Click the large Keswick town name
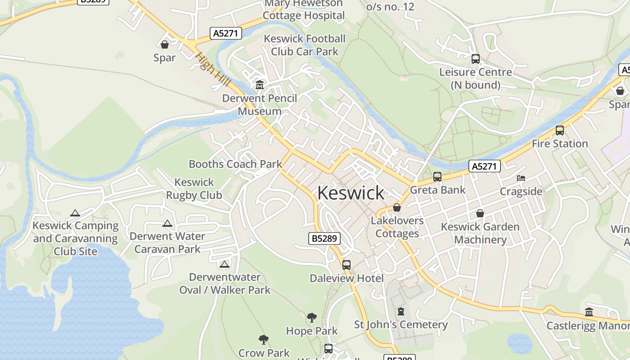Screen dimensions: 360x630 [351, 193]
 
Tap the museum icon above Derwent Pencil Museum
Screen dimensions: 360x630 [260, 85]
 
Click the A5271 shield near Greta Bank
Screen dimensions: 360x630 [484, 166]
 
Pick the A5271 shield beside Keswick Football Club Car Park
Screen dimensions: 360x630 [226, 33]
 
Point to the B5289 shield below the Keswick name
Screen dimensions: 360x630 [324, 238]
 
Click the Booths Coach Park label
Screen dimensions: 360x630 [235, 164]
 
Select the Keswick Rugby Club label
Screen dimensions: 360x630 [194, 189]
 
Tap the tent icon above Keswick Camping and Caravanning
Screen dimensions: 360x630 [75, 213]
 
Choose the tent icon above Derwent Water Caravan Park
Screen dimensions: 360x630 [167, 223]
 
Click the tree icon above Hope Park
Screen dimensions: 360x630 [311, 318]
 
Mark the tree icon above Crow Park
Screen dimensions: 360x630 [264, 340]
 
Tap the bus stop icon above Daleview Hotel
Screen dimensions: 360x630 [346, 265]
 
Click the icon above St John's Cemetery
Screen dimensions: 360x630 [401, 311]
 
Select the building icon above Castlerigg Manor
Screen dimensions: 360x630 [589, 312]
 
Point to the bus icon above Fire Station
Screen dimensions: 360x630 [560, 130]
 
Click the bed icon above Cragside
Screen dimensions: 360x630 [521, 178]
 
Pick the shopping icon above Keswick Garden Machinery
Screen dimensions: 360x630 [480, 213]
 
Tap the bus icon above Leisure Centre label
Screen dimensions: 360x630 [476, 59]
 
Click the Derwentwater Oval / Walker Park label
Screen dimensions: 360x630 [225, 283]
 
